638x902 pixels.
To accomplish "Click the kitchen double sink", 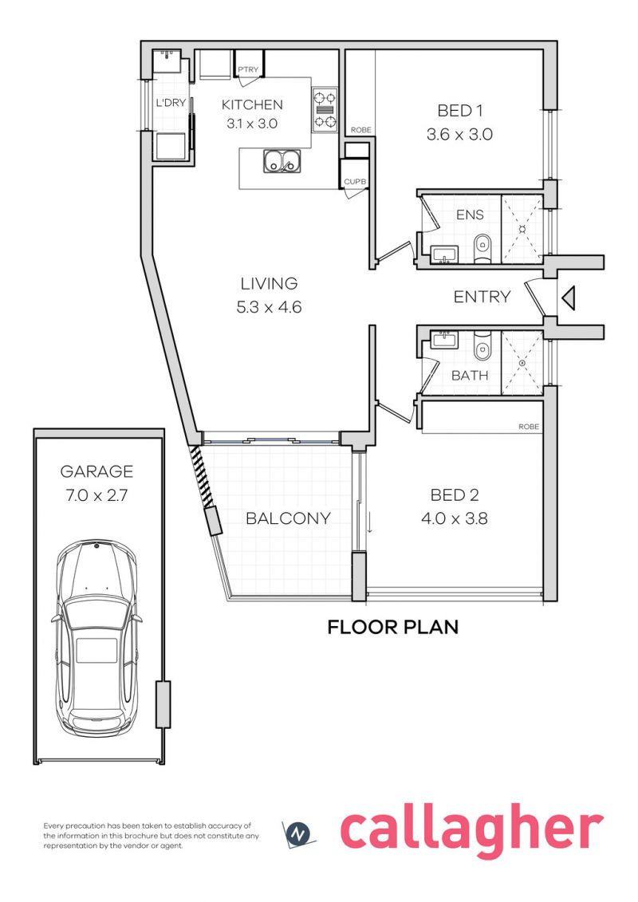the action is [282, 161].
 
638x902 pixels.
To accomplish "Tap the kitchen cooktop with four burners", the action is [325, 110].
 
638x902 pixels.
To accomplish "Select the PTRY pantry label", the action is [248, 69].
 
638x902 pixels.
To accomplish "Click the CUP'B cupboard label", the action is [355, 182].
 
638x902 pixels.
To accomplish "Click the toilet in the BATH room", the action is [482, 345].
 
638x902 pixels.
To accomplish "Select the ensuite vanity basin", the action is [444, 254].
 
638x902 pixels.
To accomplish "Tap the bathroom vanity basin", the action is [445, 340].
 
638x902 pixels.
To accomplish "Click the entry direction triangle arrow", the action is [568, 298].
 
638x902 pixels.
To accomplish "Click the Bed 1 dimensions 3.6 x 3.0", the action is [459, 135].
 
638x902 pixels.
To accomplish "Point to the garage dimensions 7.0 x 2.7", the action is [96, 495].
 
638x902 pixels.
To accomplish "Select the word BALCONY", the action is [288, 518].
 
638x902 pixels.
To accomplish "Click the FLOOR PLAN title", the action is [393, 627].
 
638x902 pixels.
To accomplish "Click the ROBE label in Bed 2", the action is [529, 427].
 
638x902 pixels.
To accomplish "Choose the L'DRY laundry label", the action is [171, 103].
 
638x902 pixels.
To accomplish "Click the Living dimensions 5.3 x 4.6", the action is [269, 307].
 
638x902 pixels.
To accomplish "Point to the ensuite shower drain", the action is [522, 229].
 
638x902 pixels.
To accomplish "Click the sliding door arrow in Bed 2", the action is [368, 522].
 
